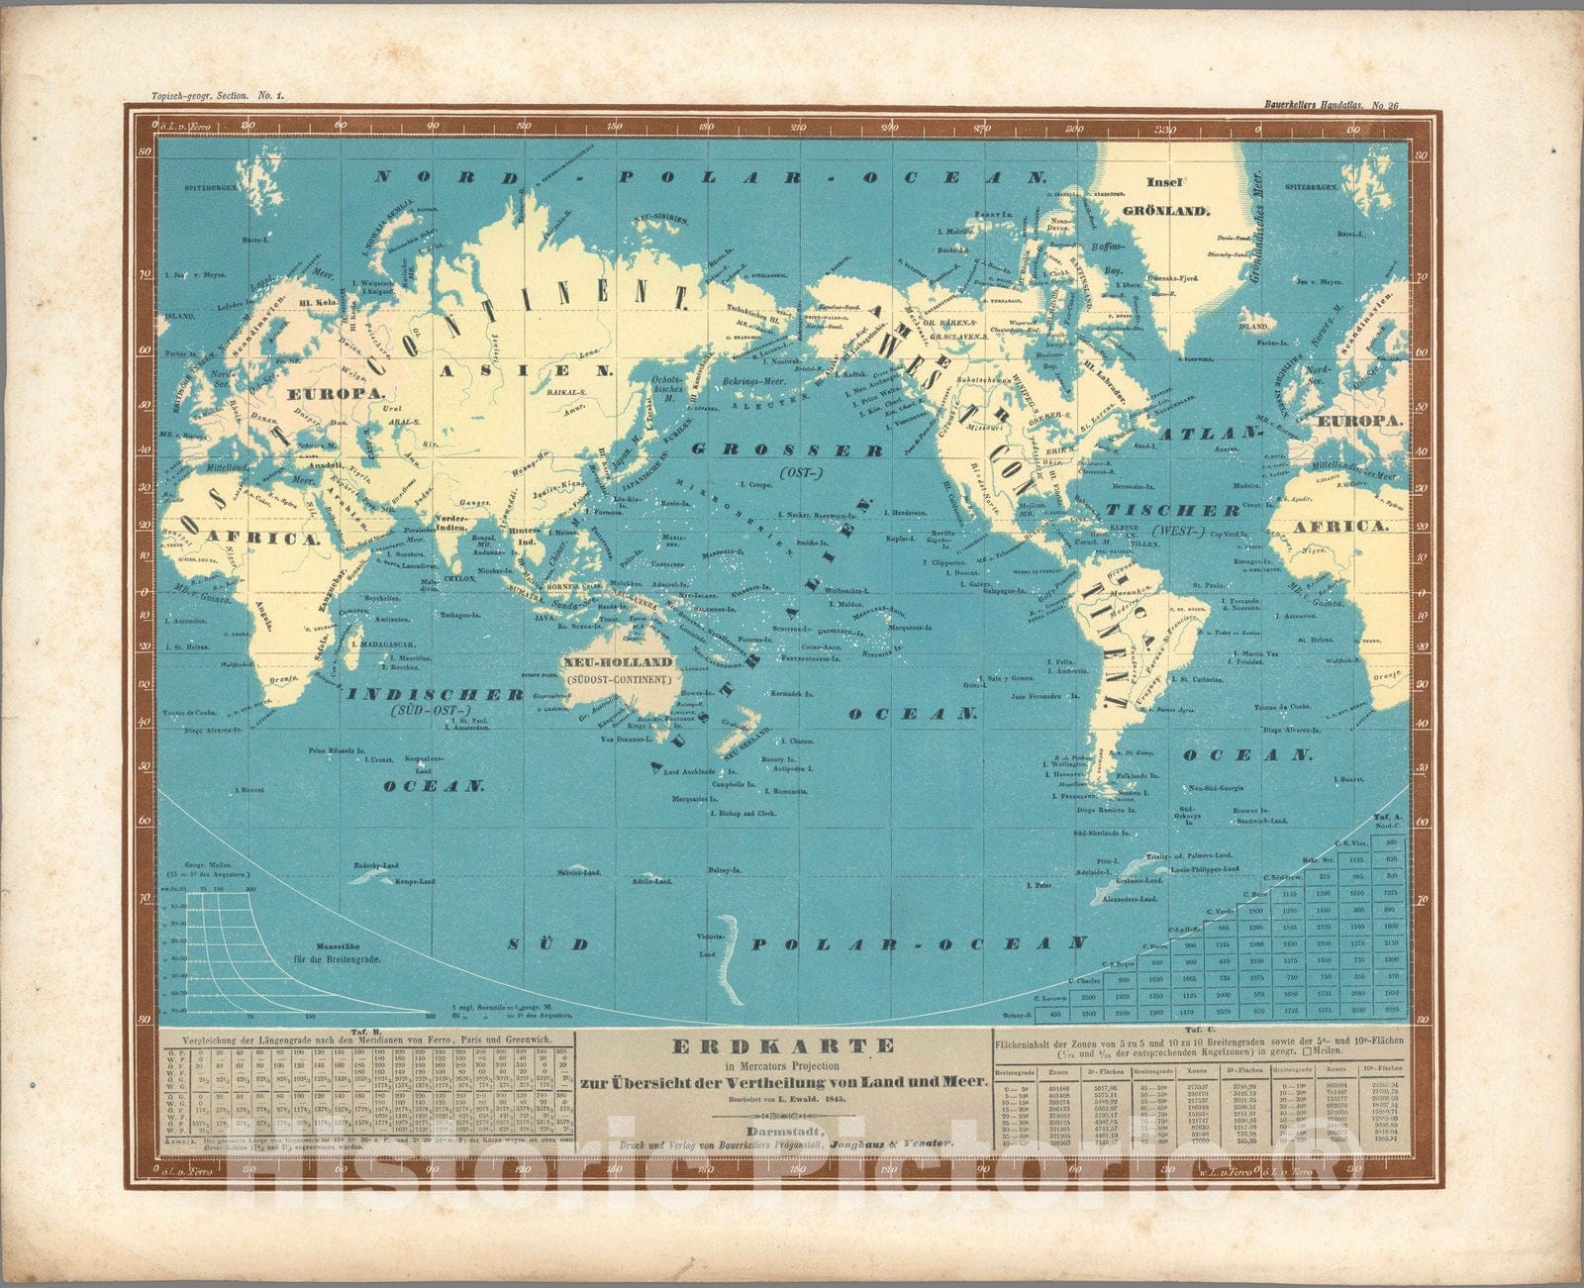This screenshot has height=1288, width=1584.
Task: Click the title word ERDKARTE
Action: point(783,1046)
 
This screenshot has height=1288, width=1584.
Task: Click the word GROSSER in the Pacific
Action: point(787,449)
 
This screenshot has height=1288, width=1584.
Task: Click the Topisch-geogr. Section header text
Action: point(203,96)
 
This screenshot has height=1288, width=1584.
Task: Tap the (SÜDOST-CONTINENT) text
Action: point(618,679)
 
